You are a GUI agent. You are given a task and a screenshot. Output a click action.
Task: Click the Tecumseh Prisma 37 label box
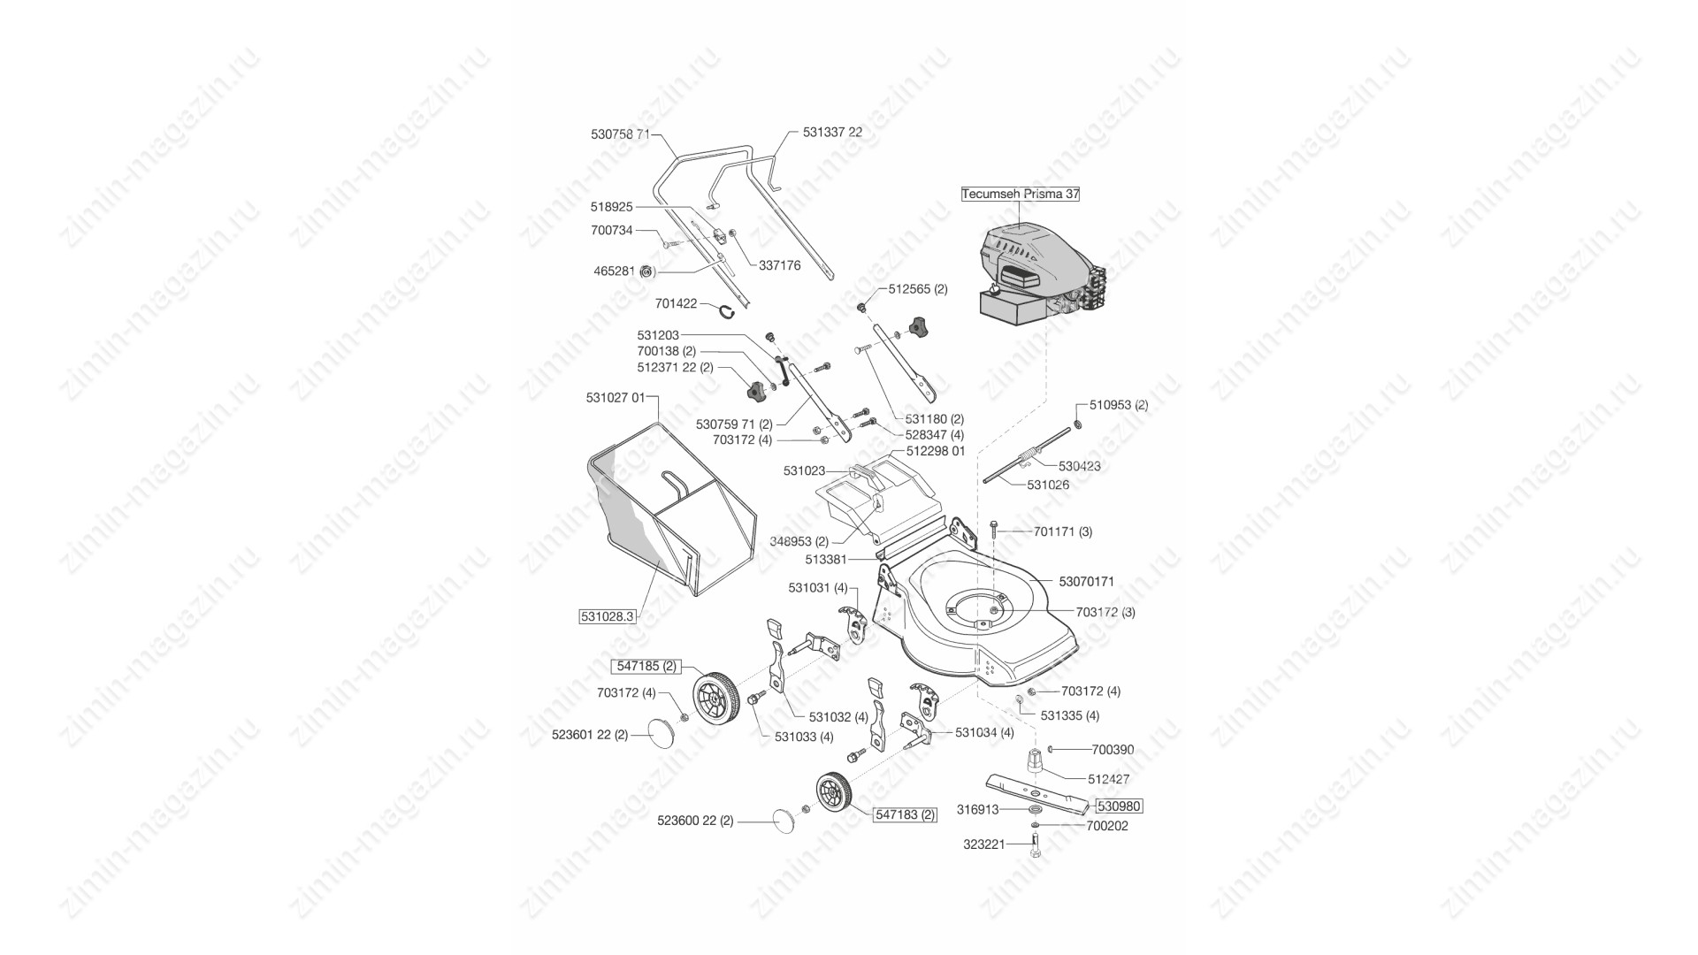[x=1021, y=194]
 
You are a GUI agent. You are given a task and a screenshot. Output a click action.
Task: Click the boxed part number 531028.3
[x=608, y=616]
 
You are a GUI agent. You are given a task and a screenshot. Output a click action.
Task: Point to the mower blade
[x=1040, y=792]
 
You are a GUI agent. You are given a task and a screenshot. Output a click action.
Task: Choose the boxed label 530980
[x=1119, y=806]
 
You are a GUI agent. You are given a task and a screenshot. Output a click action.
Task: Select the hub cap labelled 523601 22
[x=662, y=733]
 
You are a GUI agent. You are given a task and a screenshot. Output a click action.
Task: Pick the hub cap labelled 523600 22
[x=784, y=820]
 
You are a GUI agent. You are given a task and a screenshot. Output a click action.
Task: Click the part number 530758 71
[x=620, y=134]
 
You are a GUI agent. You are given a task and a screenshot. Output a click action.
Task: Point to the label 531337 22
[x=832, y=132]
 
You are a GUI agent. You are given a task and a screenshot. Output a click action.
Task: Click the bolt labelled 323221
[x=1036, y=844]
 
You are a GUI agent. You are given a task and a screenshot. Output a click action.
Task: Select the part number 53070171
[x=1087, y=582]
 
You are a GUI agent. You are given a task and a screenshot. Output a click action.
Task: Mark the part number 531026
[x=1048, y=485]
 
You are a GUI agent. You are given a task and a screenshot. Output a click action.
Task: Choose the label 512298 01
[x=936, y=451]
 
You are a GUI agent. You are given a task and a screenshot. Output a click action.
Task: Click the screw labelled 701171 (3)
[x=995, y=531]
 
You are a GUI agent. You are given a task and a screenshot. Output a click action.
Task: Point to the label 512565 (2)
[x=917, y=289]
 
